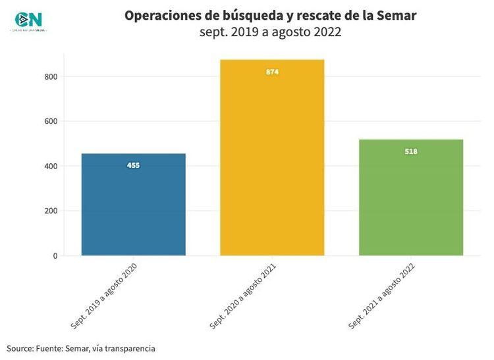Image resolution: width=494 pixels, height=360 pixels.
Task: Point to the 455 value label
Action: pos(133,165)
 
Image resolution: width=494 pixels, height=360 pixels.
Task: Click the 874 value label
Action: pos(272,72)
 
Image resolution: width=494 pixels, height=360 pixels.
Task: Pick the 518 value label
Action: pos(411,151)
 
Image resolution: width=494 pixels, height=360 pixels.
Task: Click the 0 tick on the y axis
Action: pos(55,255)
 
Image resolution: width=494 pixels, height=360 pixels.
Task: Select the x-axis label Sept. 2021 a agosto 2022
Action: pos(382,296)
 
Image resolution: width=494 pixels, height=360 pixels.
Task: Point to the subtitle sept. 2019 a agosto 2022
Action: pos(270,32)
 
